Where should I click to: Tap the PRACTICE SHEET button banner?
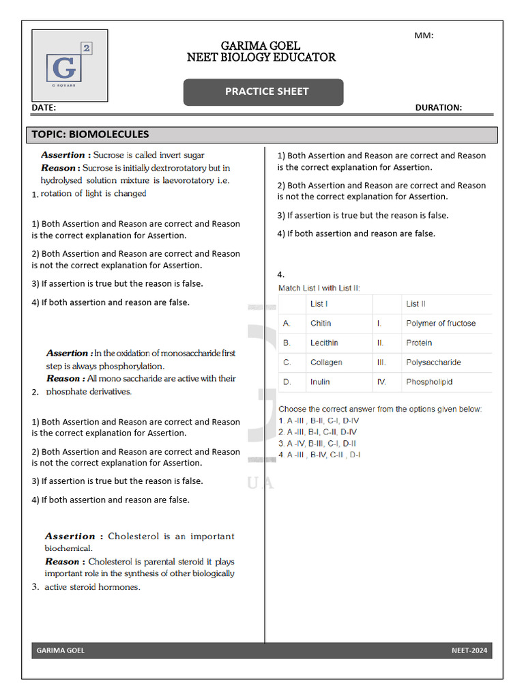tap(263, 91)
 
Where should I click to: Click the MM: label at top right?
tap(423, 35)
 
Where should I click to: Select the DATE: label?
tap(44, 107)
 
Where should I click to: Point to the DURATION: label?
tap(438, 107)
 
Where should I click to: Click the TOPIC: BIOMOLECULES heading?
tap(90, 134)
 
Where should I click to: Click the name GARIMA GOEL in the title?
tap(261, 46)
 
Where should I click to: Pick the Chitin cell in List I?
tap(321, 324)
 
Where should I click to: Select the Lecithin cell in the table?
tap(324, 343)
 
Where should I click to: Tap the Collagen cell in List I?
tap(326, 362)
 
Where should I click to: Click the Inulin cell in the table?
tap(320, 382)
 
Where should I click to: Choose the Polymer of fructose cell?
tap(441, 324)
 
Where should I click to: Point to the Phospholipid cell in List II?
tap(429, 382)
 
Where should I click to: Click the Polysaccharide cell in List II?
tap(433, 362)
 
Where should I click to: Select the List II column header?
tap(416, 304)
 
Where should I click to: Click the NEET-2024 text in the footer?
tap(469, 651)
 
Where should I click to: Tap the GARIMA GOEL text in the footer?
tap(61, 651)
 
